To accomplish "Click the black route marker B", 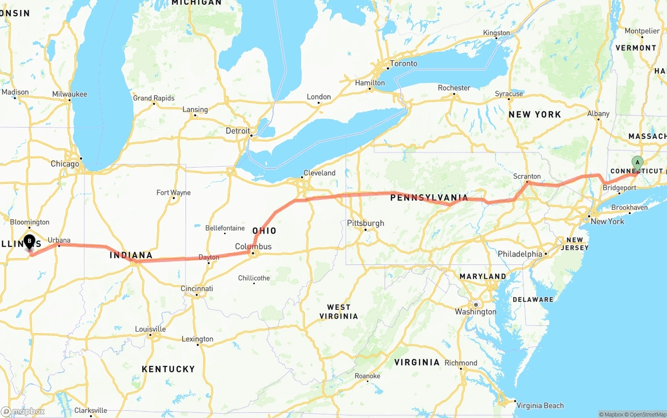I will point(30,242).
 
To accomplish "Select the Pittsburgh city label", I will point(365,223).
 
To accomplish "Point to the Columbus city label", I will point(253,246).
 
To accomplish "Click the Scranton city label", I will point(527,176).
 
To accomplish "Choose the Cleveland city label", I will point(319,173).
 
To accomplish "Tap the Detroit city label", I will point(238,131).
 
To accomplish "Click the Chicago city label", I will point(65,164).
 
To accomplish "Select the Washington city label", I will point(475,312).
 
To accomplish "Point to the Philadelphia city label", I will point(520,254).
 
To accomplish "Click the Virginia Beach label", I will point(540,406).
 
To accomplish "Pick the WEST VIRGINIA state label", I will point(339,311).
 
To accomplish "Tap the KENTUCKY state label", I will point(168,369).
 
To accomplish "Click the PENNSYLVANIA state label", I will point(429,198).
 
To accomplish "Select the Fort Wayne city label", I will point(174,193).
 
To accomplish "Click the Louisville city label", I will point(150,329).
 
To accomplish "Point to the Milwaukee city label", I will point(69,94).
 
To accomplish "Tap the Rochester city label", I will point(454,88).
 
